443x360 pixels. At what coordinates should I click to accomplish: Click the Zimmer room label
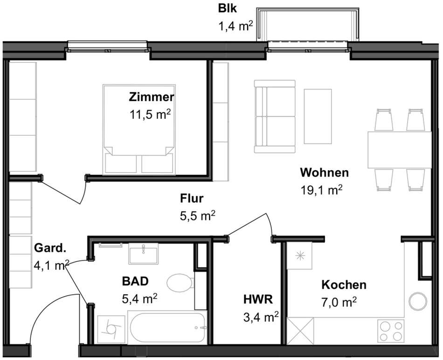[152, 97]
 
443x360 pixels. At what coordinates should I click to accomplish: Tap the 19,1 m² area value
[321, 190]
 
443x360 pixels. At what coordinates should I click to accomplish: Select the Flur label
[192, 199]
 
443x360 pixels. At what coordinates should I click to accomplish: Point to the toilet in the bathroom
[180, 282]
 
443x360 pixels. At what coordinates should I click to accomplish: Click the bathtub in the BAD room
[167, 327]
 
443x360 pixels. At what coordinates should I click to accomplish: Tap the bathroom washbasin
[144, 254]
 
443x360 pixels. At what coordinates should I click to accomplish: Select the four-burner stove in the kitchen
[391, 331]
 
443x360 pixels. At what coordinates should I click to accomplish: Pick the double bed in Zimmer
[139, 130]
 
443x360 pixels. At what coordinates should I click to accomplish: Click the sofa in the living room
[275, 117]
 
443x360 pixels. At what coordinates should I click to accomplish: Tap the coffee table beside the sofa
[318, 117]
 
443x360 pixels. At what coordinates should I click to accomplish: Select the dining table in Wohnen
[400, 150]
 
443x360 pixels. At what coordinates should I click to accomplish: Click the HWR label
[258, 299]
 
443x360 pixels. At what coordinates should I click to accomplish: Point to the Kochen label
[344, 285]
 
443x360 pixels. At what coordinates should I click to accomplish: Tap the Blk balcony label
[228, 8]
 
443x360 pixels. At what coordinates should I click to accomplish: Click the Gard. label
[50, 248]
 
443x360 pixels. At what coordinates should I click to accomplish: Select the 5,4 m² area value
[139, 299]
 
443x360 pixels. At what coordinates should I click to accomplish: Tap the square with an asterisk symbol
[299, 256]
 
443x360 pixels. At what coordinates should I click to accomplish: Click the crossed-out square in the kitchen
[300, 331]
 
